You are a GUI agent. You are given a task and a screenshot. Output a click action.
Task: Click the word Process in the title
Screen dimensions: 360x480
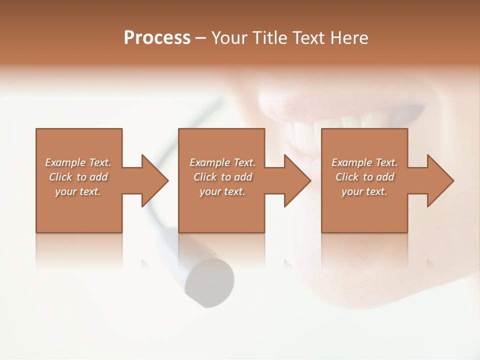point(157,38)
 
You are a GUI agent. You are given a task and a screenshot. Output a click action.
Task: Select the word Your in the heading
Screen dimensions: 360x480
point(228,38)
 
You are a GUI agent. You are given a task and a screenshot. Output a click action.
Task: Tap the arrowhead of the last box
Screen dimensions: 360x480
point(439,180)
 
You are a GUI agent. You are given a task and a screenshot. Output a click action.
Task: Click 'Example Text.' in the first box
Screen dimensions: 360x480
point(78,162)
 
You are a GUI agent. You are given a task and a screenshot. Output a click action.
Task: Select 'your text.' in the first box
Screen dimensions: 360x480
point(78,191)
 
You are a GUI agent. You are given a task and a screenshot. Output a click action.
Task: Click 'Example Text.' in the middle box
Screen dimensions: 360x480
point(222,162)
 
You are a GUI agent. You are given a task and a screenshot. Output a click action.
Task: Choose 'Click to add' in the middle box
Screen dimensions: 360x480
point(222,177)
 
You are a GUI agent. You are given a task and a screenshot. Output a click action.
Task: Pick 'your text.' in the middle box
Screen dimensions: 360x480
point(222,191)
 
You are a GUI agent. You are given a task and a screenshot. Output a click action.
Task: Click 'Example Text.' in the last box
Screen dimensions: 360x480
point(364,162)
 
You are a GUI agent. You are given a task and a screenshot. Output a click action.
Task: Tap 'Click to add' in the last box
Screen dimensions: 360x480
point(364,177)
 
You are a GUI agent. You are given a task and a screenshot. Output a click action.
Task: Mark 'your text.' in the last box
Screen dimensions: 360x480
point(364,191)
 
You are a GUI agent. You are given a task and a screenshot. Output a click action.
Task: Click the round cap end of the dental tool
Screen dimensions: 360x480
point(210,282)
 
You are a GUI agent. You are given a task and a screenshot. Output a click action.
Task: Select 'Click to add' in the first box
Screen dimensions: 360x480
point(78,177)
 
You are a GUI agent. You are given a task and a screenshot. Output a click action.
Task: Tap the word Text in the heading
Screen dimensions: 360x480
point(306,38)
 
